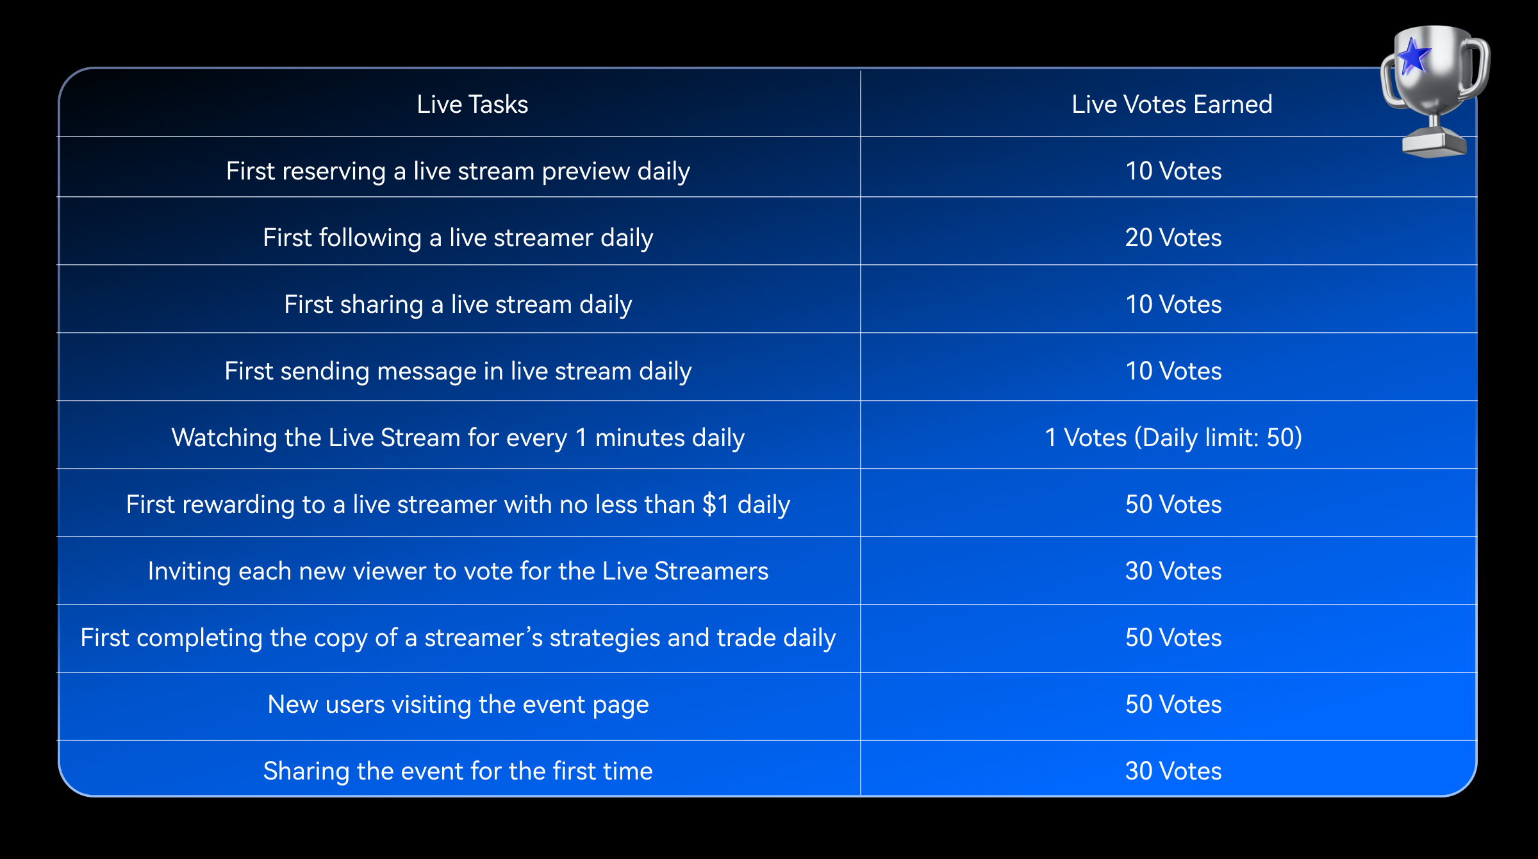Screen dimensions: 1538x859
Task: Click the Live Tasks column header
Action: click(472, 104)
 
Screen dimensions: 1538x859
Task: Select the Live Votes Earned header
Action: click(1172, 104)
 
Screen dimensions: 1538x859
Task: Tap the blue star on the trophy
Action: click(1412, 56)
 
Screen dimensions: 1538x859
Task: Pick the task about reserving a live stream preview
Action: click(458, 171)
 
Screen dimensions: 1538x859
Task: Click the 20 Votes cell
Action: click(1173, 238)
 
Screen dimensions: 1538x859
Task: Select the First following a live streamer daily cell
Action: click(458, 238)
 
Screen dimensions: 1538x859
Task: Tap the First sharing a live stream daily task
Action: click(458, 304)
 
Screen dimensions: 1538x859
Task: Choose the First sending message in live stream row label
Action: click(458, 371)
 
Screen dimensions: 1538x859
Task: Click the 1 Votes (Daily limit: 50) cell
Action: click(1173, 438)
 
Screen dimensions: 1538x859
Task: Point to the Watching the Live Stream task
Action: click(458, 438)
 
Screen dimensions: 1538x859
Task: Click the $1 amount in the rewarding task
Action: click(716, 505)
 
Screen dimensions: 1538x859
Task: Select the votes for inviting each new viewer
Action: click(1173, 571)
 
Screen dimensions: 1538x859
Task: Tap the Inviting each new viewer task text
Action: click(458, 571)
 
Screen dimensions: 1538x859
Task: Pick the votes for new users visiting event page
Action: click(1173, 705)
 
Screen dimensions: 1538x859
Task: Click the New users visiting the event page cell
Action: click(458, 705)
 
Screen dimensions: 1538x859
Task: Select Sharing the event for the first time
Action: click(458, 771)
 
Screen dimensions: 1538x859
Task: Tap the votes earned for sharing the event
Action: click(1173, 771)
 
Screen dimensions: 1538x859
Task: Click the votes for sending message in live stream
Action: click(1173, 371)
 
